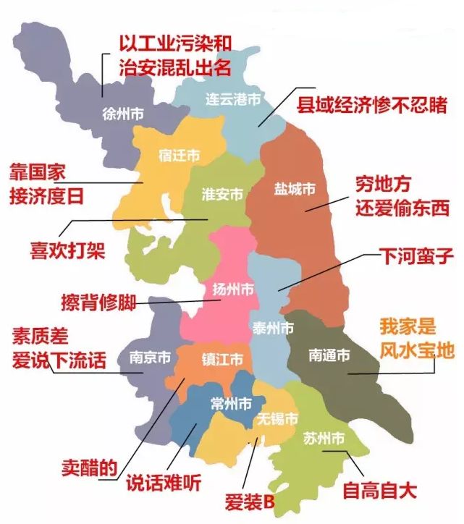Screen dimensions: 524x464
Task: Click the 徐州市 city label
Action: point(124,114)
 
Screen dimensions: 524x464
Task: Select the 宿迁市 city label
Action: point(178,155)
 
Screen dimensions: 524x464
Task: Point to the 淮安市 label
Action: point(222,194)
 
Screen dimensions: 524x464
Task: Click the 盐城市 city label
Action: point(295,189)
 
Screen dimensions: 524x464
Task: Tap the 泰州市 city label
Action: point(273,328)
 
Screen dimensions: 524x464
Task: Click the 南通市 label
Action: point(329,355)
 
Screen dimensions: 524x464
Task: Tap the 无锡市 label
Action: point(277,419)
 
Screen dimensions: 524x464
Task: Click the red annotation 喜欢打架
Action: point(67,250)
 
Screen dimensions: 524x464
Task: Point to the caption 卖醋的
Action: point(88,468)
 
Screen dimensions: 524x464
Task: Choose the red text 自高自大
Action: point(379,489)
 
